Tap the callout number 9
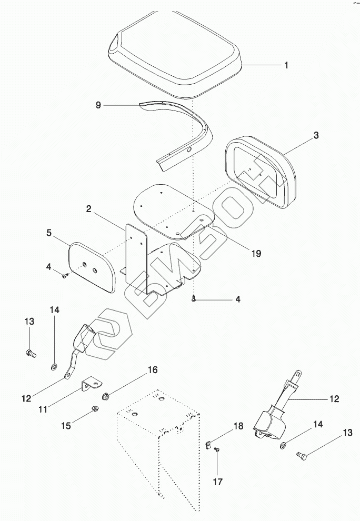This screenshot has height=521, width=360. pyautogui.click(x=98, y=105)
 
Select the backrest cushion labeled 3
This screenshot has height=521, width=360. pyautogui.click(x=260, y=172)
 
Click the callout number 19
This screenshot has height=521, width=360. pyautogui.click(x=256, y=254)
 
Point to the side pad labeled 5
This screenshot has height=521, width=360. pyautogui.click(x=92, y=267)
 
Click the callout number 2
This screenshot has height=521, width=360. pyautogui.click(x=88, y=209)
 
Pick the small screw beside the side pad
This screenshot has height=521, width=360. pyautogui.click(x=65, y=275)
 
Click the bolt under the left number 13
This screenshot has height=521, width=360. pyautogui.click(x=31, y=353)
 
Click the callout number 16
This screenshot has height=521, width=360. pyautogui.click(x=153, y=369)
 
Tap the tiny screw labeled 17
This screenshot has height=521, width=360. pyautogui.click(x=217, y=449)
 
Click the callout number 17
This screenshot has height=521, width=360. pyautogui.click(x=217, y=482)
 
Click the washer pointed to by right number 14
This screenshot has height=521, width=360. pyautogui.click(x=284, y=445)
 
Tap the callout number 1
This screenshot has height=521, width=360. pyautogui.click(x=286, y=65)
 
